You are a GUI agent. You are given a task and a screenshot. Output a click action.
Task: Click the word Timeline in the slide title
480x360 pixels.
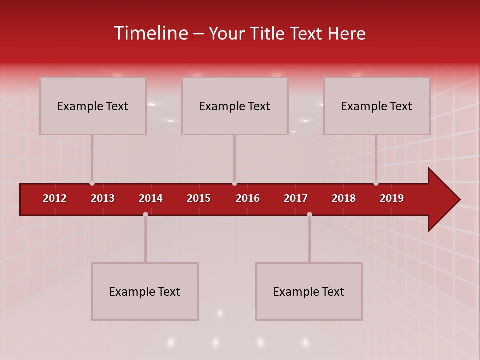coord(151,33)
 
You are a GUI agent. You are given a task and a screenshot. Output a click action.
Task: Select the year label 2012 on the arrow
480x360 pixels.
coord(55,198)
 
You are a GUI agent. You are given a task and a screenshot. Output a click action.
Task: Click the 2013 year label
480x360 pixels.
coord(103,198)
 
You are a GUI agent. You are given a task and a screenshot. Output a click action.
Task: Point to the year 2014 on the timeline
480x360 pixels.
coord(151,198)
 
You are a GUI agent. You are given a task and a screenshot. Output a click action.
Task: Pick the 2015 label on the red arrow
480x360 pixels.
coord(199,198)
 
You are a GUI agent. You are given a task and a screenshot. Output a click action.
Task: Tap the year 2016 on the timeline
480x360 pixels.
coord(248,198)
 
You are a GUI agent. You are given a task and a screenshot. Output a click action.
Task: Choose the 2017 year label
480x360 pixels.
coord(296,198)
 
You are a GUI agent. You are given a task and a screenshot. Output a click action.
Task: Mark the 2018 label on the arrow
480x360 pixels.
coord(344,198)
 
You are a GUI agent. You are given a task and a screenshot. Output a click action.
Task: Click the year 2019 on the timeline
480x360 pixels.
coord(392,198)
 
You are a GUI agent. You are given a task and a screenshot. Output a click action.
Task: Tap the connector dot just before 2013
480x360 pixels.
coord(92,183)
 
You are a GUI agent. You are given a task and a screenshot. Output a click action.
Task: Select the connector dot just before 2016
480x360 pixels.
coord(234,183)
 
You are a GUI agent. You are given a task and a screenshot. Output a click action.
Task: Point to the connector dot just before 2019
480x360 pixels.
coord(376,183)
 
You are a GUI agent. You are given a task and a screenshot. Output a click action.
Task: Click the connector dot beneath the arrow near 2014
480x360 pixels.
coord(145,214)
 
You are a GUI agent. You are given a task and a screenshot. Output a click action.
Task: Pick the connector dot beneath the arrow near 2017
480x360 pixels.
coord(309,214)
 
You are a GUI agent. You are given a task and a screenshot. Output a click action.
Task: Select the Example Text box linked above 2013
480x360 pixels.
coord(93,106)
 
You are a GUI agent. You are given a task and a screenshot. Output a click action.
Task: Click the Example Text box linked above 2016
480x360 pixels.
coord(235,106)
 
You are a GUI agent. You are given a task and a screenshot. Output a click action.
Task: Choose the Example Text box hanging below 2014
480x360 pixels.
coord(145,291)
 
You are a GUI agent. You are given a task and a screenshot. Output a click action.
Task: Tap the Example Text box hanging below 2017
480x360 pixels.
coord(309,291)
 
